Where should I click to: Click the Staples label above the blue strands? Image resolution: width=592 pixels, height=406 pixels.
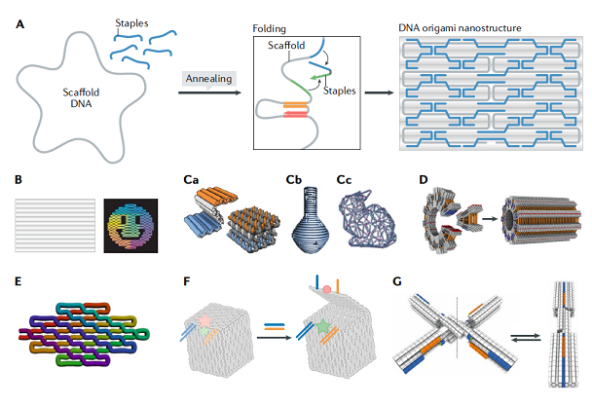(131, 21)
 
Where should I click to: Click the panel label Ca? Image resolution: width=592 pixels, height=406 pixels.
(193, 180)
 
